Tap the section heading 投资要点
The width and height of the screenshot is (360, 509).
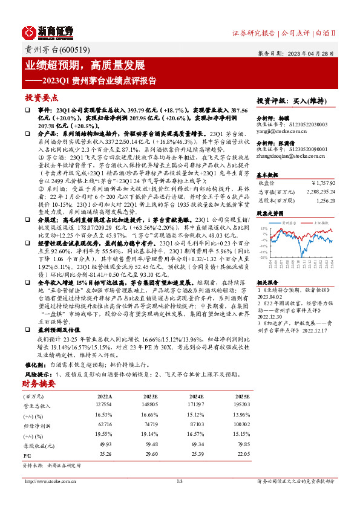pyautogui.click(x=41, y=97)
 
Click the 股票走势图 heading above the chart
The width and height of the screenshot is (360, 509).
pyautogui.click(x=270, y=213)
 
